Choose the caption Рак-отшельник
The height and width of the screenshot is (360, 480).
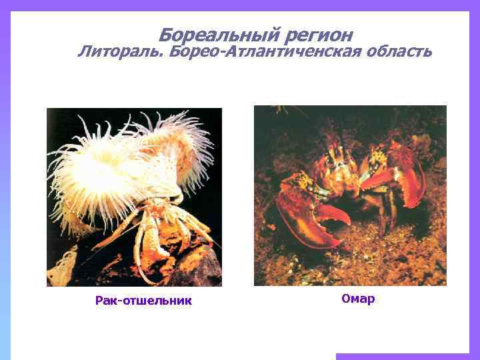pyautogui.click(x=143, y=301)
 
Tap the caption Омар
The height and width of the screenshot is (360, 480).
pyautogui.click(x=358, y=299)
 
